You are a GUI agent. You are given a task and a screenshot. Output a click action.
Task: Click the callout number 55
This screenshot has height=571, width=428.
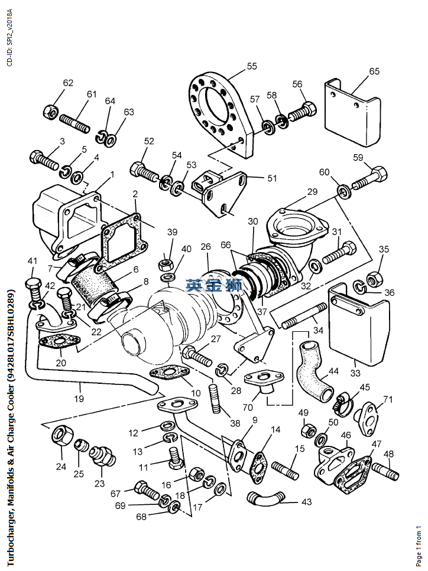(252, 66)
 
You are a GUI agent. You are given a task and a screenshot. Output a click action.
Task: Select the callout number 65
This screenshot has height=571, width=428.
(374, 71)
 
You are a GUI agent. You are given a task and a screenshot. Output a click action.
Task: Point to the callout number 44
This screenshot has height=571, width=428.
(334, 371)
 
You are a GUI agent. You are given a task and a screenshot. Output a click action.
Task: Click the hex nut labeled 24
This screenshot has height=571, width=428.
(60, 436)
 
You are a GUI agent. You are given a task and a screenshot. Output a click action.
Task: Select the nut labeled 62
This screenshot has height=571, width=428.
(51, 110)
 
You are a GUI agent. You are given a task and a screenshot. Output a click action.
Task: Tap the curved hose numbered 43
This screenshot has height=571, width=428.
(264, 498)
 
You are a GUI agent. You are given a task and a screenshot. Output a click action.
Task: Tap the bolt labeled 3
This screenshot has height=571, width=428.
(43, 159)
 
